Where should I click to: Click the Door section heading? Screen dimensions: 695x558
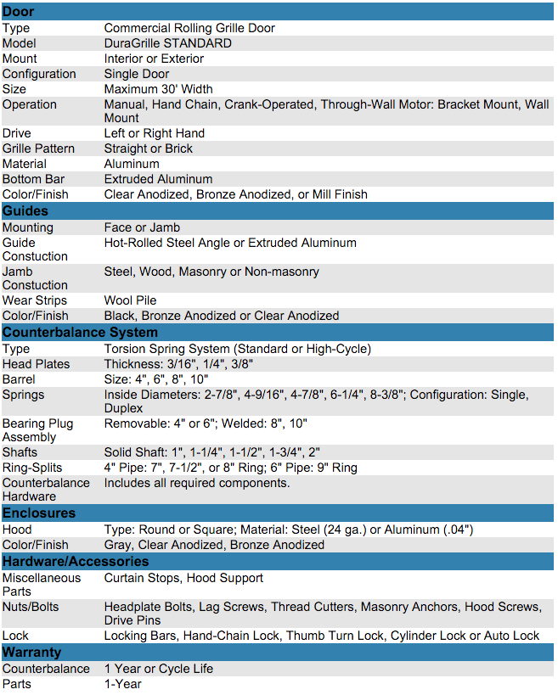tap(19, 11)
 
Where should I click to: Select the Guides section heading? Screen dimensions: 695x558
tap(25, 210)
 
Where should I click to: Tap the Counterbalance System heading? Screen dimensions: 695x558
tap(80, 332)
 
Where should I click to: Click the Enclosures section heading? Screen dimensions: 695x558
tap(39, 513)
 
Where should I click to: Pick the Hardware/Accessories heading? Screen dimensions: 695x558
tap(76, 561)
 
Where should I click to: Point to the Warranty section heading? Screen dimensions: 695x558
tap(32, 652)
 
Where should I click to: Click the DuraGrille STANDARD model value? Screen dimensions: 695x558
tap(167, 43)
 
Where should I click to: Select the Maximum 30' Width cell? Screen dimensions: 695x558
tap(158, 89)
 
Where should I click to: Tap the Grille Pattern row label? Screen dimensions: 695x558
tap(38, 149)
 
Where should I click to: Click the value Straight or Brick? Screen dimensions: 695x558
tap(148, 149)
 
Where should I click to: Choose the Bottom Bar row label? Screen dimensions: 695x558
tap(33, 179)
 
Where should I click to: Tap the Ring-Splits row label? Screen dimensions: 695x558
tap(32, 468)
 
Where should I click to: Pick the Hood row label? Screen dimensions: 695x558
tap(17, 530)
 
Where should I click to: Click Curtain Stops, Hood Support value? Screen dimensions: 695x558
tap(183, 578)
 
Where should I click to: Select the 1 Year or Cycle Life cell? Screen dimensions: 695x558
tap(159, 669)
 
